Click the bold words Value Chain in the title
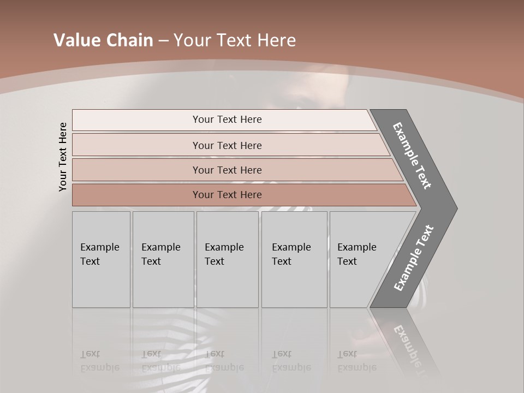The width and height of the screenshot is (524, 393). [x=103, y=40]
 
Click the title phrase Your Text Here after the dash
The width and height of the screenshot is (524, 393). [x=235, y=40]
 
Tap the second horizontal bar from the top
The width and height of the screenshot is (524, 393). [x=227, y=145]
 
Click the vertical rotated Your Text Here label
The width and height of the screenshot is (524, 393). [x=63, y=157]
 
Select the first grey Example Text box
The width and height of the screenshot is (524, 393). [x=101, y=259]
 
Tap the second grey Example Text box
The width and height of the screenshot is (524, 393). [x=163, y=259]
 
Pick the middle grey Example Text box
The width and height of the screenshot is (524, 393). [x=227, y=259]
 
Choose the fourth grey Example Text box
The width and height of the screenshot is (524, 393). [x=294, y=259]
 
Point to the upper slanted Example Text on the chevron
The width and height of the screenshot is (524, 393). [x=413, y=156]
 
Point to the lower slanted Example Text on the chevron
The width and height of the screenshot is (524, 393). [x=414, y=258]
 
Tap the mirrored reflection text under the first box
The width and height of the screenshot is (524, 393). [x=99, y=361]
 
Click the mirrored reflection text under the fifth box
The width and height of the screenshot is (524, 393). [x=356, y=361]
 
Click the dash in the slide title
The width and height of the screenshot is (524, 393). [x=163, y=41]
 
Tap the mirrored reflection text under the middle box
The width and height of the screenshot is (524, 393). [x=224, y=361]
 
